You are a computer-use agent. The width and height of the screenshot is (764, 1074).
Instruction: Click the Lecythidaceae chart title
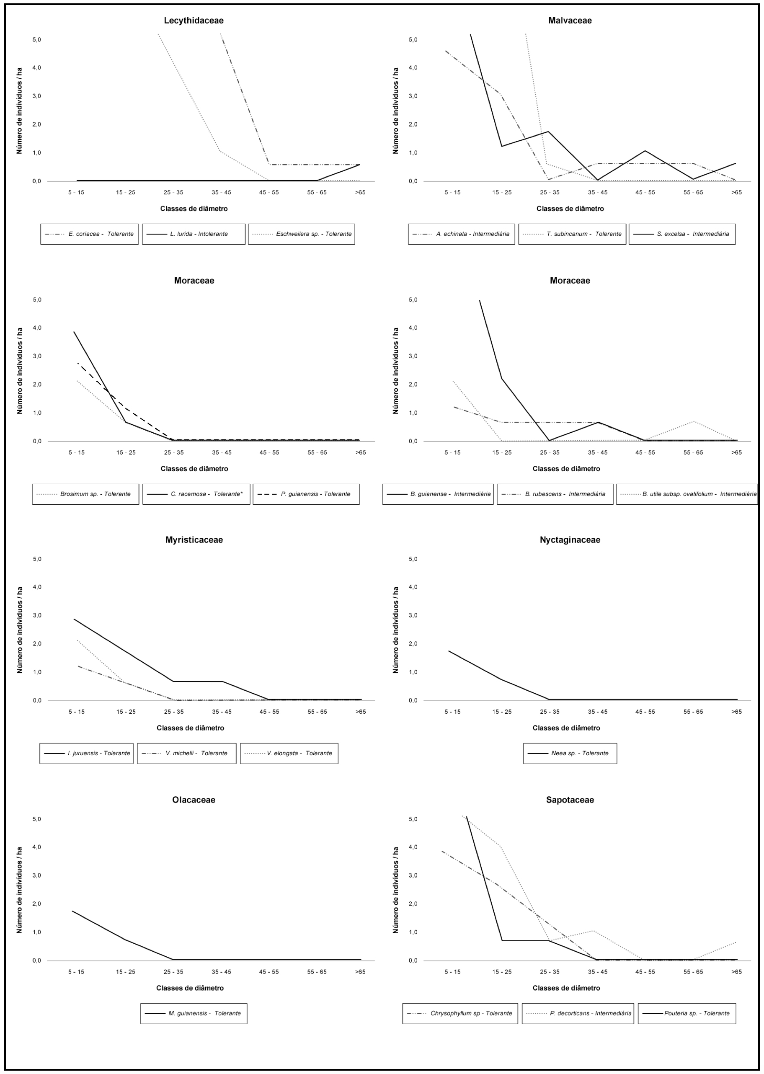tap(194, 21)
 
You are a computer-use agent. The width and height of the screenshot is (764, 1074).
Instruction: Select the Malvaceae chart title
tap(570, 21)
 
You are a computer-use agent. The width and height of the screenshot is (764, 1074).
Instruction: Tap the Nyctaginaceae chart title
tap(570, 540)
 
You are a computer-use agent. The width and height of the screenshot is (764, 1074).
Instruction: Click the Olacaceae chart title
tap(194, 800)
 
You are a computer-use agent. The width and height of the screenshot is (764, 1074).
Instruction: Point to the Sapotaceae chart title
tap(570, 800)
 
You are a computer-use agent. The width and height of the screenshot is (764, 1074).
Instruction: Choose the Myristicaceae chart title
tap(194, 540)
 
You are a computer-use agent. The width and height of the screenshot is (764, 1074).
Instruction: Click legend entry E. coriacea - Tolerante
tap(89, 234)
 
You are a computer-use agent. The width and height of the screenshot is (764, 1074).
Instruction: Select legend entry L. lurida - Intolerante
tap(194, 234)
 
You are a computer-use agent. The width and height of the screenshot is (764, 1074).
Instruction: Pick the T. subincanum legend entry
tap(572, 234)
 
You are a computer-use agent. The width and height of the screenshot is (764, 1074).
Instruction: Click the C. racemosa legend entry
tap(196, 494)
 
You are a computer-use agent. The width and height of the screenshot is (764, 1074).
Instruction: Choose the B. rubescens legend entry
tap(555, 494)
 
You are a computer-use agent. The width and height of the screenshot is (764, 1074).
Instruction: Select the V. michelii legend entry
tap(187, 753)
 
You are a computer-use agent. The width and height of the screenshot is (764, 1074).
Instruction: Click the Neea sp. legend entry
tap(570, 753)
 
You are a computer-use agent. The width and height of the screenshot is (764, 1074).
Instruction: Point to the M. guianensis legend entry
tap(194, 1013)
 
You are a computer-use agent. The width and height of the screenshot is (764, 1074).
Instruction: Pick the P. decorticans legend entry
tap(578, 1013)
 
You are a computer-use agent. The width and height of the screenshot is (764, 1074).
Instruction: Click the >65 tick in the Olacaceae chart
tap(360, 971)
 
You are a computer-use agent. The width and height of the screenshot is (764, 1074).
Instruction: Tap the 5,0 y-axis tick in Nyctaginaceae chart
tap(413, 559)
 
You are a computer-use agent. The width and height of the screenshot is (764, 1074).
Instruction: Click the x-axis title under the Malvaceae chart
tap(570, 209)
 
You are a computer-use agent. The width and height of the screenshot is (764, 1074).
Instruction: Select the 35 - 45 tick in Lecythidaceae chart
tap(221, 192)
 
